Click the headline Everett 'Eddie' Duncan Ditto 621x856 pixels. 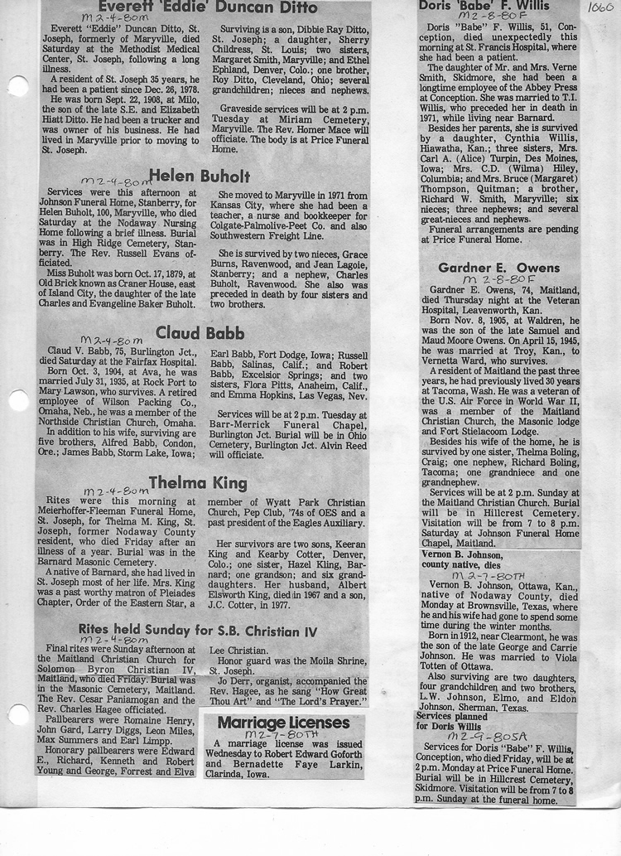[202, 7]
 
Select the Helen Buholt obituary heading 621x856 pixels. [199, 176]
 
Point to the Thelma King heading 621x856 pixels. [198, 482]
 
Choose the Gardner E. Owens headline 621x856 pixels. [499, 268]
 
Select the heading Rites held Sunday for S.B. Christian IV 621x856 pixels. [198, 631]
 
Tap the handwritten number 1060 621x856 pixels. [600, 8]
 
